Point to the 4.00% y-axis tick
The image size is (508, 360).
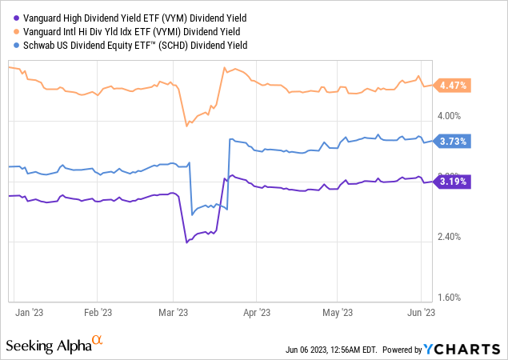[x=450, y=120]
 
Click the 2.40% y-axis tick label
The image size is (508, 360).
[x=450, y=237]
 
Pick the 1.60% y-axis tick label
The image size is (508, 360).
[x=450, y=297]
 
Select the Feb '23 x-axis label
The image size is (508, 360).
[x=98, y=313]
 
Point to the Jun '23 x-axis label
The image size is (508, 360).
[x=422, y=313]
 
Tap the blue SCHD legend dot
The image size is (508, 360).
[x=6, y=45]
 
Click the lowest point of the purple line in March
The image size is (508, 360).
[x=187, y=242]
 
